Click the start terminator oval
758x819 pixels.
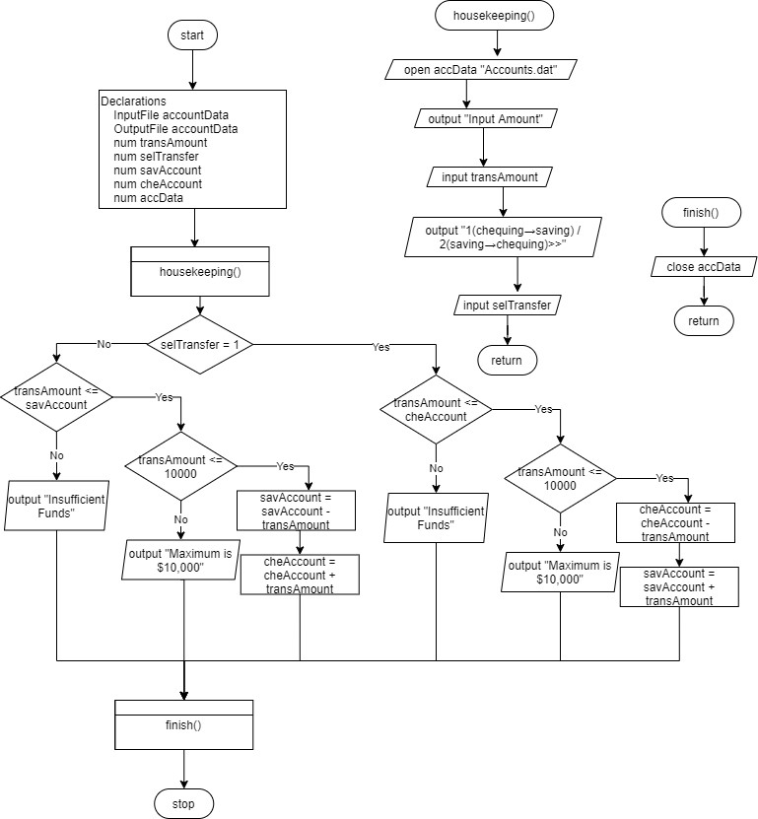[x=191, y=35]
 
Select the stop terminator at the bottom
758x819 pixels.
[x=183, y=803]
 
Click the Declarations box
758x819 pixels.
[x=193, y=150]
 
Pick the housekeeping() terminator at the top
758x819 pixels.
[x=494, y=16]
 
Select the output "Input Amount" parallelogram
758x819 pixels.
[x=484, y=119]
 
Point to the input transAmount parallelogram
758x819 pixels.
[x=489, y=177]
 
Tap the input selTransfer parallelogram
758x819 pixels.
[x=507, y=306]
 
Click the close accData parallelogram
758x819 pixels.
[x=704, y=266]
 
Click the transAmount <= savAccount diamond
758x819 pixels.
[x=56, y=397]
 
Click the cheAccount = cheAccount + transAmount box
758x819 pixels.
[x=300, y=575]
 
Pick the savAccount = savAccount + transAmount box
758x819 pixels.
[x=678, y=586]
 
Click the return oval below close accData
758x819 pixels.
[x=703, y=320]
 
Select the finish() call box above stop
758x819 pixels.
[x=183, y=724]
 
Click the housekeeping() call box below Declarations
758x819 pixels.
[x=200, y=270]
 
